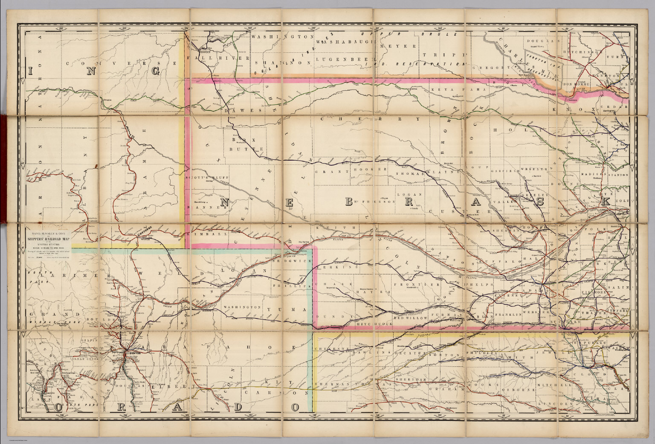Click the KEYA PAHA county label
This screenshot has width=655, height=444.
coord(449,90)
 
